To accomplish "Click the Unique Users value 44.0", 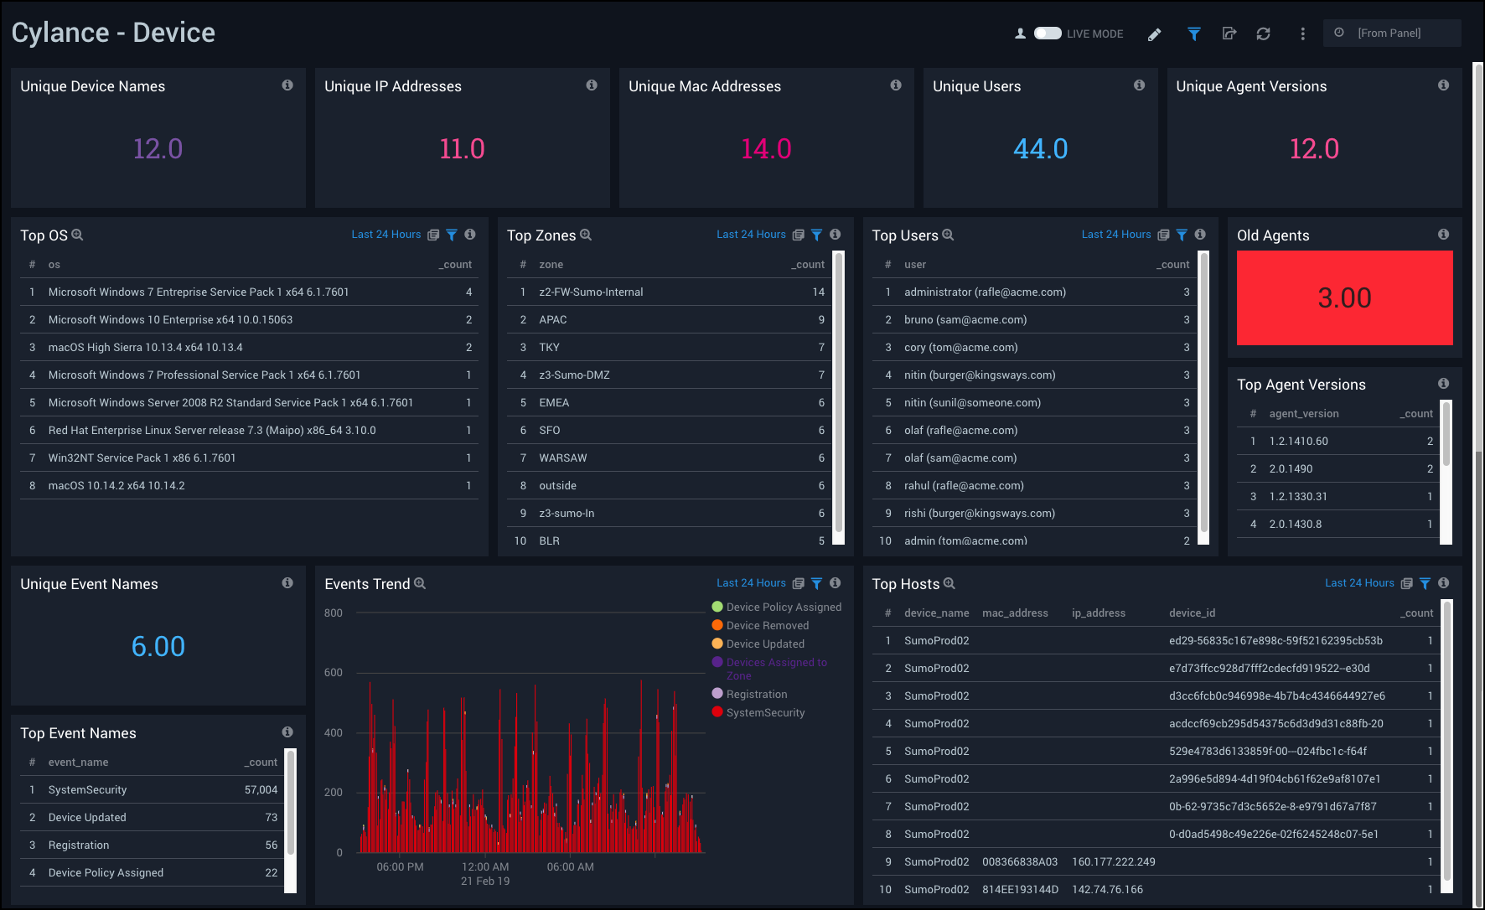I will (1040, 149).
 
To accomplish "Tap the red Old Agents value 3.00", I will (1344, 298).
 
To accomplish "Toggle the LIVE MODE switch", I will (1048, 34).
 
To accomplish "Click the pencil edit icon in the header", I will (1154, 34).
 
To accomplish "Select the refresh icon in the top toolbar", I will (1263, 34).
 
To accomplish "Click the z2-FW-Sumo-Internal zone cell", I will (591, 292).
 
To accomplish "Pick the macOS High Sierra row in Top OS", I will (145, 348).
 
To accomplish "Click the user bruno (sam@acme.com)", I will (965, 320).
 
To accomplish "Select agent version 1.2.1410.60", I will (1298, 442).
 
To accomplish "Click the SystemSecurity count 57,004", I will (261, 790).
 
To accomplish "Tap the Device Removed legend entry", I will (767, 626).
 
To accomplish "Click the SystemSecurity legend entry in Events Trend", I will (764, 713).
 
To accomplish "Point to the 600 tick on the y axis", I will (334, 673).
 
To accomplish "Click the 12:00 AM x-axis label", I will (485, 867).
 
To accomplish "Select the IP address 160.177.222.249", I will (1113, 862).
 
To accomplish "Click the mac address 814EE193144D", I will (1020, 890).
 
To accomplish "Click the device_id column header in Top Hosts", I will (1192, 613).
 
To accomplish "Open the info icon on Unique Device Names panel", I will (287, 85).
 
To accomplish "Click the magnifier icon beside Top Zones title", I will (586, 235).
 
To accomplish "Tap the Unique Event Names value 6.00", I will (158, 647).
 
